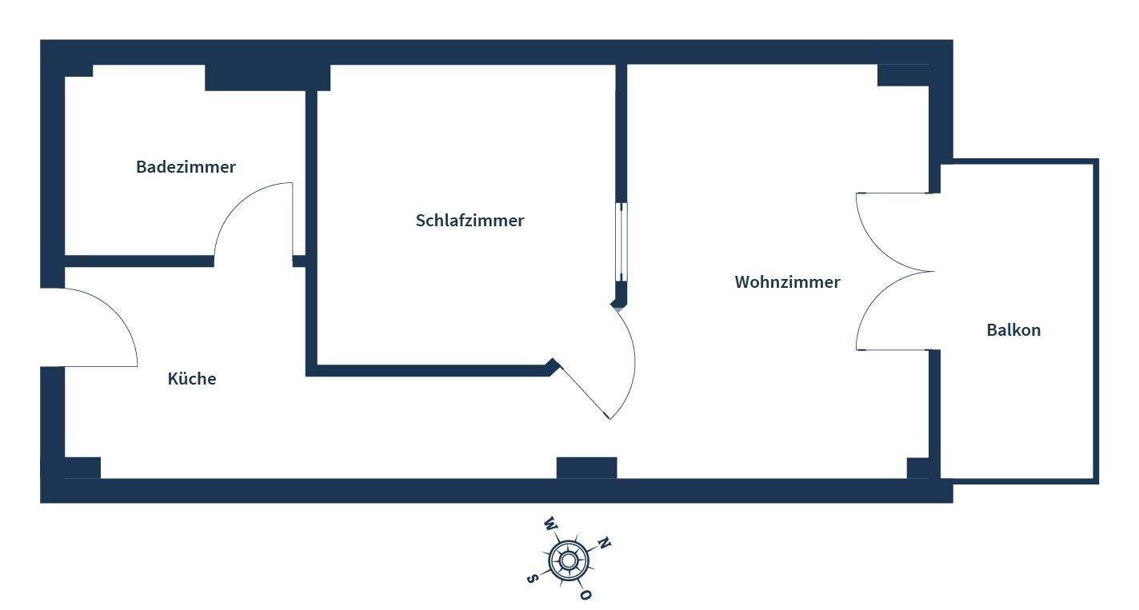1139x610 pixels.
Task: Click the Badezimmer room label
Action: [x=186, y=167]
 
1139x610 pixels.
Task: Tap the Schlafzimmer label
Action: [x=470, y=221]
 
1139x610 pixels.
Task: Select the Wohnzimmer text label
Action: [x=787, y=282]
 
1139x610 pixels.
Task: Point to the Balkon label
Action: [x=1013, y=330]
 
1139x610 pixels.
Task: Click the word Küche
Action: [x=192, y=379]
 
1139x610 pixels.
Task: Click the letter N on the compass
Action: [x=605, y=544]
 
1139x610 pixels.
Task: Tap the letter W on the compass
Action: [x=550, y=524]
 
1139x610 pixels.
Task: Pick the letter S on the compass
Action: [x=531, y=578]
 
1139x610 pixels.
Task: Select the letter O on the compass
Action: [x=585, y=595]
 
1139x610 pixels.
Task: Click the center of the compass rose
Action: [x=568, y=560]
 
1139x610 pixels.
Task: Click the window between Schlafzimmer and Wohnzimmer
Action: [x=621, y=241]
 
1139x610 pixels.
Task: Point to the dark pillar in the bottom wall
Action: [x=586, y=468]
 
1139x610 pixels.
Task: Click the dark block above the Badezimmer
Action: [x=267, y=78]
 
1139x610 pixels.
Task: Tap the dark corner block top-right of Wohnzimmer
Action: [x=903, y=75]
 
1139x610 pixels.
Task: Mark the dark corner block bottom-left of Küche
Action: [x=82, y=468]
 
